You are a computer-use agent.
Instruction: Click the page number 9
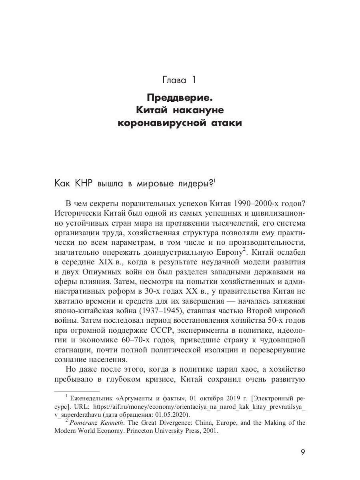click(303, 453)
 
